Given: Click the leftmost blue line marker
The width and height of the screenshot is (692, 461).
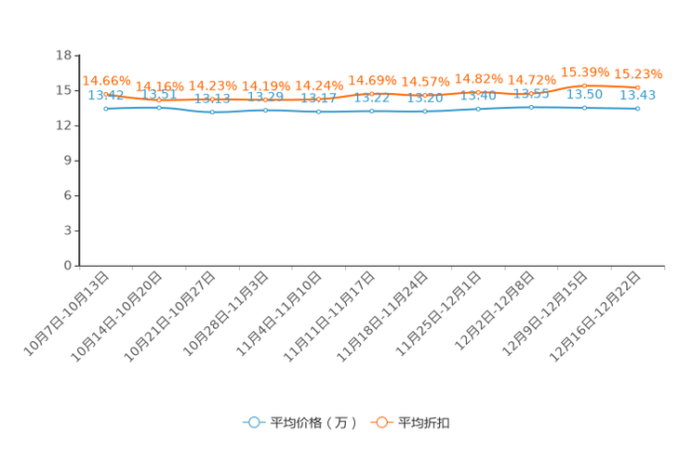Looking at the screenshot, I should [x=106, y=108].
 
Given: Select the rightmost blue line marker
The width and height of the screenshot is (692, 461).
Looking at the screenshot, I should [x=637, y=108].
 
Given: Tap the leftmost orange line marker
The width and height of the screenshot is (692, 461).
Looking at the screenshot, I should [x=106, y=92].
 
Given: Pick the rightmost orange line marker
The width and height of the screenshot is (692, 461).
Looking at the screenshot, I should [x=637, y=86].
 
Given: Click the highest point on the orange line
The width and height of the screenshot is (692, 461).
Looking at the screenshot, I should [x=584, y=85].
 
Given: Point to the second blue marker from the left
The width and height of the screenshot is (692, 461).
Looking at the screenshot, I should [x=159, y=107].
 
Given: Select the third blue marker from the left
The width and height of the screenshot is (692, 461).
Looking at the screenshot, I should [x=212, y=112].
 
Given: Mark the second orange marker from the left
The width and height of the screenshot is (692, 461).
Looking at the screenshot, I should [x=159, y=97].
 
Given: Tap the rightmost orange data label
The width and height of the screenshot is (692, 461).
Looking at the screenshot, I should [x=637, y=73].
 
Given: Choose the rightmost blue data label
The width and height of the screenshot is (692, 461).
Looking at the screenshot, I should [x=638, y=95].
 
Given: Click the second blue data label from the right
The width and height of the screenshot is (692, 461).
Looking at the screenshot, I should [x=585, y=95].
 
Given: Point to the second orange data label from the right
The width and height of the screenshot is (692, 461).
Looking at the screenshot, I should [x=584, y=72].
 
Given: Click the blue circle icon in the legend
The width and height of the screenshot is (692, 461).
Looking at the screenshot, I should [x=254, y=422].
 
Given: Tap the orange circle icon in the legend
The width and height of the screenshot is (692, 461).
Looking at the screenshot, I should [x=381, y=422].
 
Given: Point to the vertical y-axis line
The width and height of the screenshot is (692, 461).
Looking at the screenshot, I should [x=76, y=158].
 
